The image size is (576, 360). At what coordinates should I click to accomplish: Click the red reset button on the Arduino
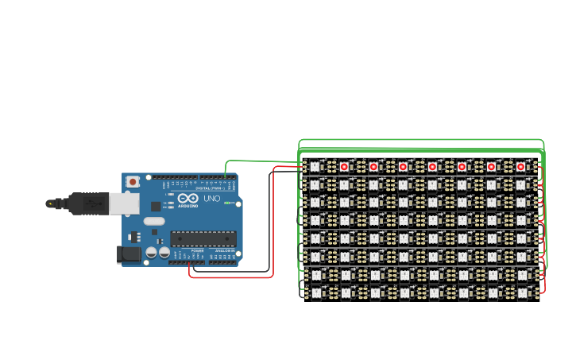(132, 182)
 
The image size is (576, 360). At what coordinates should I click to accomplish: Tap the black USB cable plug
(87, 203)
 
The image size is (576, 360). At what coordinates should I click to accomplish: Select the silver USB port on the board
(124, 203)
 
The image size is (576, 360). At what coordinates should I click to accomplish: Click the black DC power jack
(128, 254)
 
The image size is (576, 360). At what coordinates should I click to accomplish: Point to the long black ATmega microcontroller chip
(203, 238)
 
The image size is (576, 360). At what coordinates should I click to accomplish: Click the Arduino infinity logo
(187, 199)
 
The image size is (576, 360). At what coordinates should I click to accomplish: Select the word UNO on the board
(212, 199)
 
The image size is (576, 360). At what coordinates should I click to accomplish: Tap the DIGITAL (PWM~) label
(208, 188)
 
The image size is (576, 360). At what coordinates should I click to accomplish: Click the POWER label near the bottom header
(197, 250)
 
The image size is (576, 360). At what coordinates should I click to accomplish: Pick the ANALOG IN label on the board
(225, 250)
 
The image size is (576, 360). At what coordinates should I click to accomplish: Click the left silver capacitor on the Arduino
(151, 253)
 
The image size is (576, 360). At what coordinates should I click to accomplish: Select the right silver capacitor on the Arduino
(164, 253)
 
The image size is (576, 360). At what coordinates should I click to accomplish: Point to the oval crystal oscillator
(154, 221)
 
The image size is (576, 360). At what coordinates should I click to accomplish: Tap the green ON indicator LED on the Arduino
(227, 203)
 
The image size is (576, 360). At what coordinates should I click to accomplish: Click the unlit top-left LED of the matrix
(315, 166)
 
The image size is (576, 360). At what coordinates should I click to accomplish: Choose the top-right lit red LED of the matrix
(520, 166)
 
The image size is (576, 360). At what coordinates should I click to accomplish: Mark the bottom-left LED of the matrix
(315, 292)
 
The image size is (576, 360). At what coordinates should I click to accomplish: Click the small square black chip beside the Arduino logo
(156, 206)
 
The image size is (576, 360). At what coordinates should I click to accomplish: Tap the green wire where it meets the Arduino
(226, 176)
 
